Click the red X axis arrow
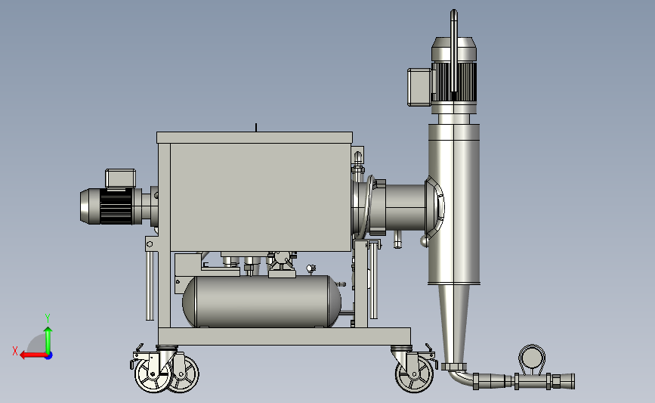(33, 355)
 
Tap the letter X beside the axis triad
(15, 351)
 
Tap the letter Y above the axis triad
(48, 318)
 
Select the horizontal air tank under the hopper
(262, 301)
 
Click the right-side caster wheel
(415, 374)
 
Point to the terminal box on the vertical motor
(420, 87)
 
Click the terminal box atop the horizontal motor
(120, 178)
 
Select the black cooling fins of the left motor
(116, 206)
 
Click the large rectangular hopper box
(261, 197)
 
